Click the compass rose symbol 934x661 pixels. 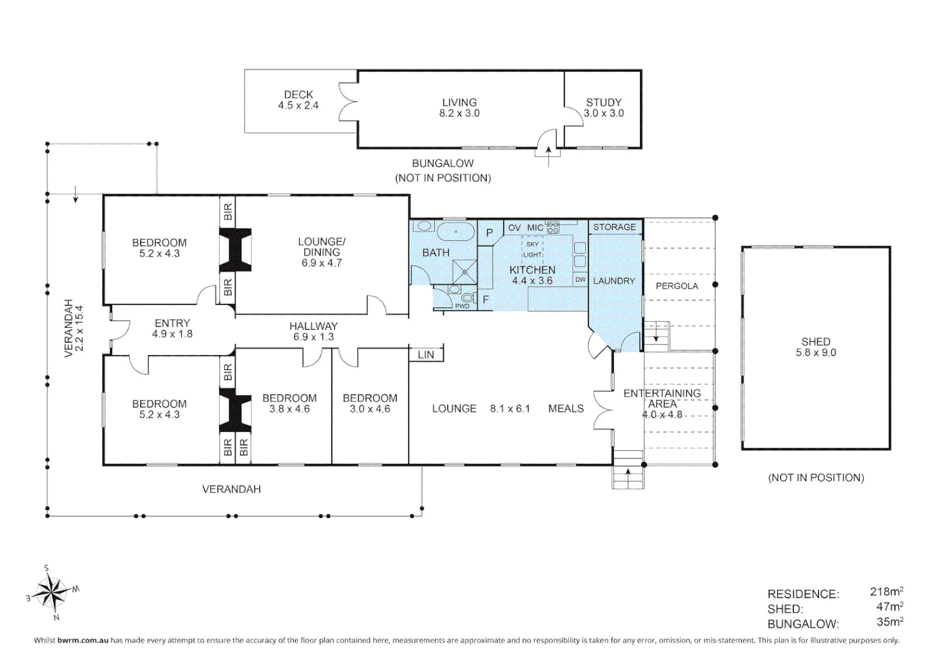click(52, 592)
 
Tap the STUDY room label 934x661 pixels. click(603, 102)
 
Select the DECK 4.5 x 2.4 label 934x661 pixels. click(298, 100)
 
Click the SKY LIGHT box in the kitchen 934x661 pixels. click(533, 249)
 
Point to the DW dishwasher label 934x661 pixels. click(580, 280)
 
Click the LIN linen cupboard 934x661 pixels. click(426, 355)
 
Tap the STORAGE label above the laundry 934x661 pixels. click(615, 227)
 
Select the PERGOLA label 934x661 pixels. click(676, 286)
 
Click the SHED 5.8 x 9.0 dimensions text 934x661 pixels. click(816, 353)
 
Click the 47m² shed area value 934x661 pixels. click(890, 607)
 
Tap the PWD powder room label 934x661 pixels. click(462, 306)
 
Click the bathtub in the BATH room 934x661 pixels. click(456, 231)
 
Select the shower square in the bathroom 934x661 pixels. click(464, 272)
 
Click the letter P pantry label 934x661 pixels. click(489, 233)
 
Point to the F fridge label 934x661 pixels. click(485, 300)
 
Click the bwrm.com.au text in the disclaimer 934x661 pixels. click(83, 640)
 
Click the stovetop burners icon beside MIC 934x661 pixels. click(553, 228)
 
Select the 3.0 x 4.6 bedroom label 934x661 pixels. click(370, 409)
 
